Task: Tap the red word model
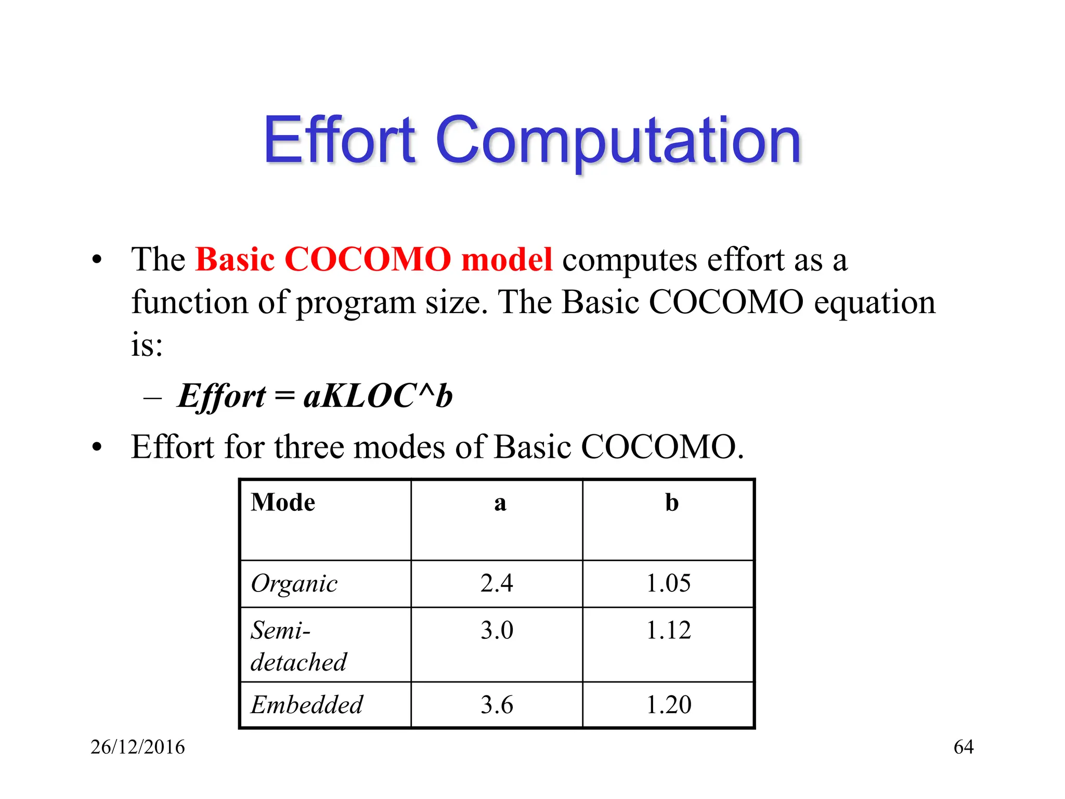[x=506, y=260]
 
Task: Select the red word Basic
[x=235, y=260]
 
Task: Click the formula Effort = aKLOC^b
[x=315, y=396]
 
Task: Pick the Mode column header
[x=283, y=503]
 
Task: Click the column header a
[x=500, y=503]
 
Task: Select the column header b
[x=671, y=503]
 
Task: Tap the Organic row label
[x=294, y=584]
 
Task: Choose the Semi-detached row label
[x=298, y=646]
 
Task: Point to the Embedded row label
[x=307, y=705]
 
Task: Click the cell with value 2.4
[x=497, y=583]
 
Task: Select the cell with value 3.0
[x=497, y=630]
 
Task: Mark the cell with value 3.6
[x=497, y=705]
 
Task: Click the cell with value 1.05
[x=668, y=583]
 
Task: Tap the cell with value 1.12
[x=668, y=630]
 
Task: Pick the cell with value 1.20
[x=668, y=705]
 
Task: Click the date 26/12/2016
[x=138, y=747]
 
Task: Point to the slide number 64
[x=963, y=747]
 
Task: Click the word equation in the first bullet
[x=874, y=302]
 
